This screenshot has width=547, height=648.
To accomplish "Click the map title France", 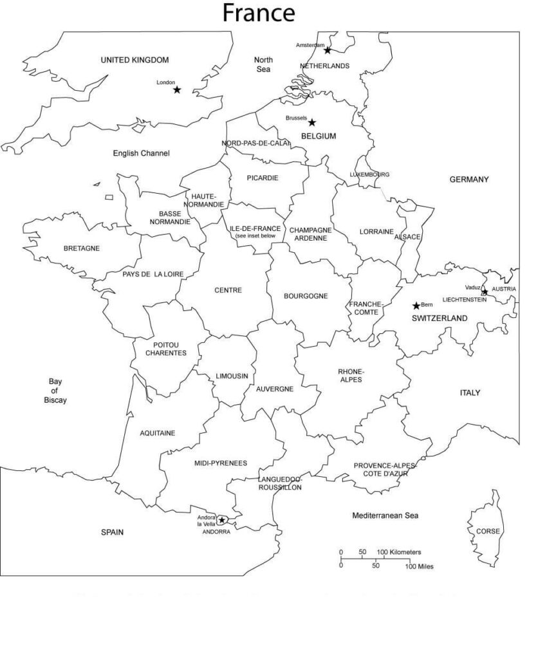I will click(x=259, y=13).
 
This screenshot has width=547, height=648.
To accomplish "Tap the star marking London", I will click(x=177, y=89).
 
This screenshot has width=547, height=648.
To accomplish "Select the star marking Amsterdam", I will click(x=328, y=50).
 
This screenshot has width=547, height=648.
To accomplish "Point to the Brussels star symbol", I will click(x=312, y=122).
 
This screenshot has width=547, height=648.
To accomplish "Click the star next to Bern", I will click(x=416, y=305).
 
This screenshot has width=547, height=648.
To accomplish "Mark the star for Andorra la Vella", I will click(x=222, y=520).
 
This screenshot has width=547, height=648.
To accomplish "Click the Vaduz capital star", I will click(x=485, y=292).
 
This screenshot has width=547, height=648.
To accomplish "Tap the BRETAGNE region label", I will click(x=82, y=248).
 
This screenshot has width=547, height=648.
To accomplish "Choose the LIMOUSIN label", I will click(x=232, y=376).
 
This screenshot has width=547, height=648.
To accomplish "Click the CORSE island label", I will click(x=488, y=531).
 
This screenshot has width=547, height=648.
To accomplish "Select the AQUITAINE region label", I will click(x=158, y=433).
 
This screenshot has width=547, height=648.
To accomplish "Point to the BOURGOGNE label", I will click(x=306, y=296).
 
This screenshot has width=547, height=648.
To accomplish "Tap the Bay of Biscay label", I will click(x=55, y=391).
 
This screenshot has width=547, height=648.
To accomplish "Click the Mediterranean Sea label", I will click(x=385, y=515).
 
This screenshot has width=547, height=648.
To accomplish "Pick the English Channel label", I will click(x=142, y=153).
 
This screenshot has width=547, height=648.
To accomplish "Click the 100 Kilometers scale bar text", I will click(x=399, y=552).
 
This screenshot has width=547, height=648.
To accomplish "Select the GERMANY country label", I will click(x=469, y=180).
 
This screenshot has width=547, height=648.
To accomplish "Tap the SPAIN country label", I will click(x=112, y=532).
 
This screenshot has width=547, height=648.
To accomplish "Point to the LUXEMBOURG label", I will click(x=369, y=174).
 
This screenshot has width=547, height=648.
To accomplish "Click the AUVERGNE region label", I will click(x=275, y=389).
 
